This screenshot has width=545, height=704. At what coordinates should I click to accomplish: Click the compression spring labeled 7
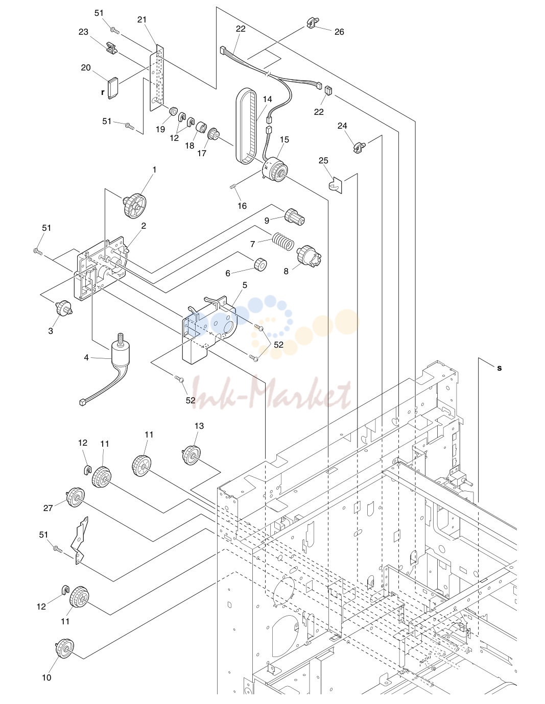[x=283, y=241]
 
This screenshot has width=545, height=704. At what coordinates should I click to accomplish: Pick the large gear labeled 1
[x=134, y=206]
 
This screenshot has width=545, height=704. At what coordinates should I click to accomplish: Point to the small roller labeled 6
[x=260, y=264]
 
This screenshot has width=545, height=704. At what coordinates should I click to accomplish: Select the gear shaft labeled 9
[x=295, y=217]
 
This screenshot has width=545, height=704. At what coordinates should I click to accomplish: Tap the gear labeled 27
[x=76, y=498]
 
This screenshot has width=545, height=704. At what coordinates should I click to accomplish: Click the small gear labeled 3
[x=64, y=307]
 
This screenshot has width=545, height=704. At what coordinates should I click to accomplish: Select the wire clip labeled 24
[x=359, y=147]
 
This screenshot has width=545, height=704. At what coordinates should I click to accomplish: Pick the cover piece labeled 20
[x=113, y=88]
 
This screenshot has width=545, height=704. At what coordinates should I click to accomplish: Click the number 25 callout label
[x=323, y=161]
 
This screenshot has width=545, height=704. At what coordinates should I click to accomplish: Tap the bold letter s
[x=500, y=368]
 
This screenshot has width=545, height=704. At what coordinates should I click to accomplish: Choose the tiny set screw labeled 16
[x=233, y=186]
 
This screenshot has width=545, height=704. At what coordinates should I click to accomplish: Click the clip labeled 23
[x=111, y=47]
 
